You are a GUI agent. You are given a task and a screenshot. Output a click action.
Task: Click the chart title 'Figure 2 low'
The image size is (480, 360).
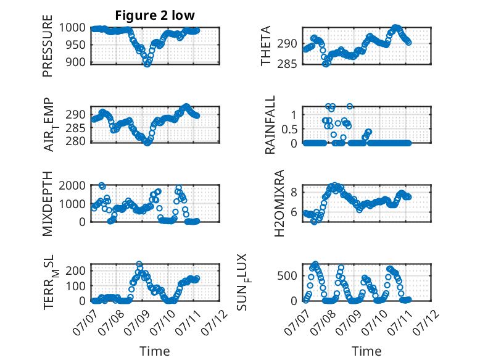coord(155,15)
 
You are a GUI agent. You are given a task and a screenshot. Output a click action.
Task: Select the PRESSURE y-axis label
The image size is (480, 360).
coord(48,46)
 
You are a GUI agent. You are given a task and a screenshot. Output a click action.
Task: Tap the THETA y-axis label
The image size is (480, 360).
coord(266,46)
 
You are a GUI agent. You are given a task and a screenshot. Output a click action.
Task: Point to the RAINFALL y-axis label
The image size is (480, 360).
coord(270,125)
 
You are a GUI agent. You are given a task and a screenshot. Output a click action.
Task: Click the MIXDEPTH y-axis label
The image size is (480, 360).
coord(48,204)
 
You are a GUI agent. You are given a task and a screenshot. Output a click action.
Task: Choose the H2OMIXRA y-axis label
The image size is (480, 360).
coord(279,203)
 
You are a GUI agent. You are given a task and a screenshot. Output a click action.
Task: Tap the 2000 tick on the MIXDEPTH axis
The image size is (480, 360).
coord(72,186)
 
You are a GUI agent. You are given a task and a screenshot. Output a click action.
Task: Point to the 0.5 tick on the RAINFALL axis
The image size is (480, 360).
coord(289,129)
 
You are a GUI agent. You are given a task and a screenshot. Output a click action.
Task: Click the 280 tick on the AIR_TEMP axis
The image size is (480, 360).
coord(75,141)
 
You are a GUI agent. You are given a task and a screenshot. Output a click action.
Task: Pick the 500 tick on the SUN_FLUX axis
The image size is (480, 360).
coord(287,276)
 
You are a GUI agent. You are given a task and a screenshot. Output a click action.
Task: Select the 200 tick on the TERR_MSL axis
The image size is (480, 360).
coord(75,270)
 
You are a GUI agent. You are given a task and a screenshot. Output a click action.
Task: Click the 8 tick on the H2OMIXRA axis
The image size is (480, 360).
coord(294,193)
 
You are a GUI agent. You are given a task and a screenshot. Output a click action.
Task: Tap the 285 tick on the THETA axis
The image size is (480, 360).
coord(287,64)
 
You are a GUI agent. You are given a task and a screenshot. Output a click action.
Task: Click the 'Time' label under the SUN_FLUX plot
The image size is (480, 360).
coord(366,351)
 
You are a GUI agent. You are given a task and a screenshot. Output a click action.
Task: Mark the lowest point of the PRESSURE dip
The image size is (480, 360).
coord(147,64)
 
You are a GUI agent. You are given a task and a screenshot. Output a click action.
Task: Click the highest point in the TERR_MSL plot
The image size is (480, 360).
coord(139,264)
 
